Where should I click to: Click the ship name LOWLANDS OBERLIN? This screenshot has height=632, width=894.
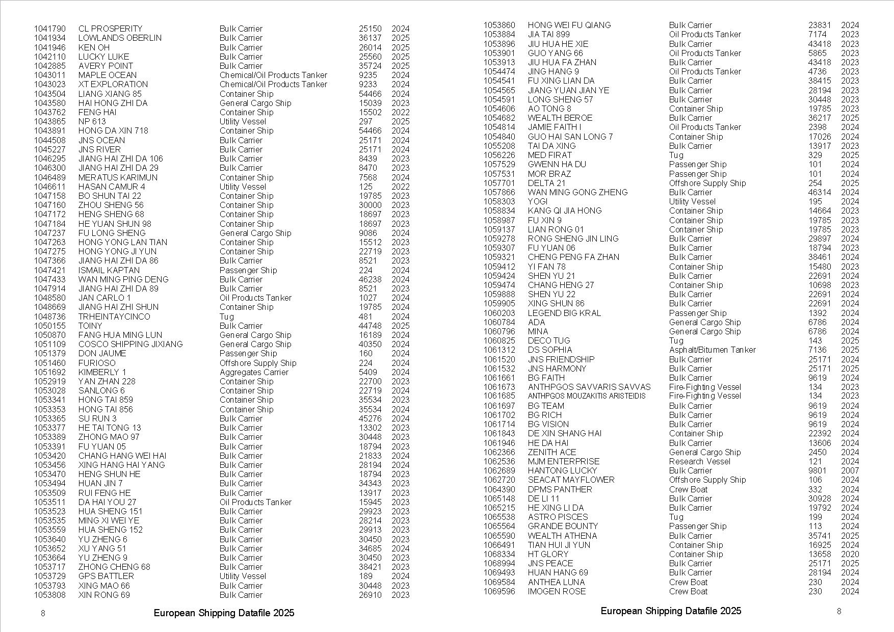tap(120, 38)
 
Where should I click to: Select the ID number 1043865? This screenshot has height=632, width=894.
tap(50, 121)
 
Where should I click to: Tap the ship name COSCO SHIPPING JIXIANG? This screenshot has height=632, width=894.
tap(130, 344)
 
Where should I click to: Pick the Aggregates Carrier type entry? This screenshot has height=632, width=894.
tap(254, 372)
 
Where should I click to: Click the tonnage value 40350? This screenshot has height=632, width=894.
tap(370, 344)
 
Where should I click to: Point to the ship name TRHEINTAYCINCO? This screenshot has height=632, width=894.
tap(114, 317)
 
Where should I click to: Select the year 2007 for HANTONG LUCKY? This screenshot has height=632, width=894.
tap(850, 470)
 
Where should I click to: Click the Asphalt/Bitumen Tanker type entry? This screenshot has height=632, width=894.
tap(712, 350)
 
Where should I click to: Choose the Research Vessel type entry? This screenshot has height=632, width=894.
tap(699, 461)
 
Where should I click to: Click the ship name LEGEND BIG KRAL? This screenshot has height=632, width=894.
tap(564, 313)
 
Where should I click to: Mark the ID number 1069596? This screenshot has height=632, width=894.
tap(499, 591)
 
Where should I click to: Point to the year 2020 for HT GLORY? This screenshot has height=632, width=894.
tap(850, 554)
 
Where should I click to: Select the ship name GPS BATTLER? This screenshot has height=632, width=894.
tap(106, 576)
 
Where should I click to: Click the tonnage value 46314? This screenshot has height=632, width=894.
tap(820, 192)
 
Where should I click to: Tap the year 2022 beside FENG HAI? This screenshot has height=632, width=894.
tap(400, 112)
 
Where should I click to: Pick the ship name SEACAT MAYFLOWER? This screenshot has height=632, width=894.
tap(571, 480)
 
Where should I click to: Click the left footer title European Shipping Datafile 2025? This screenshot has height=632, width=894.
tap(224, 613)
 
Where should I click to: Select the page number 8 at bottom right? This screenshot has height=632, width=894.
tap(839, 611)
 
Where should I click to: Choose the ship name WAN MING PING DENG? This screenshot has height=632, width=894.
tap(123, 279)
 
